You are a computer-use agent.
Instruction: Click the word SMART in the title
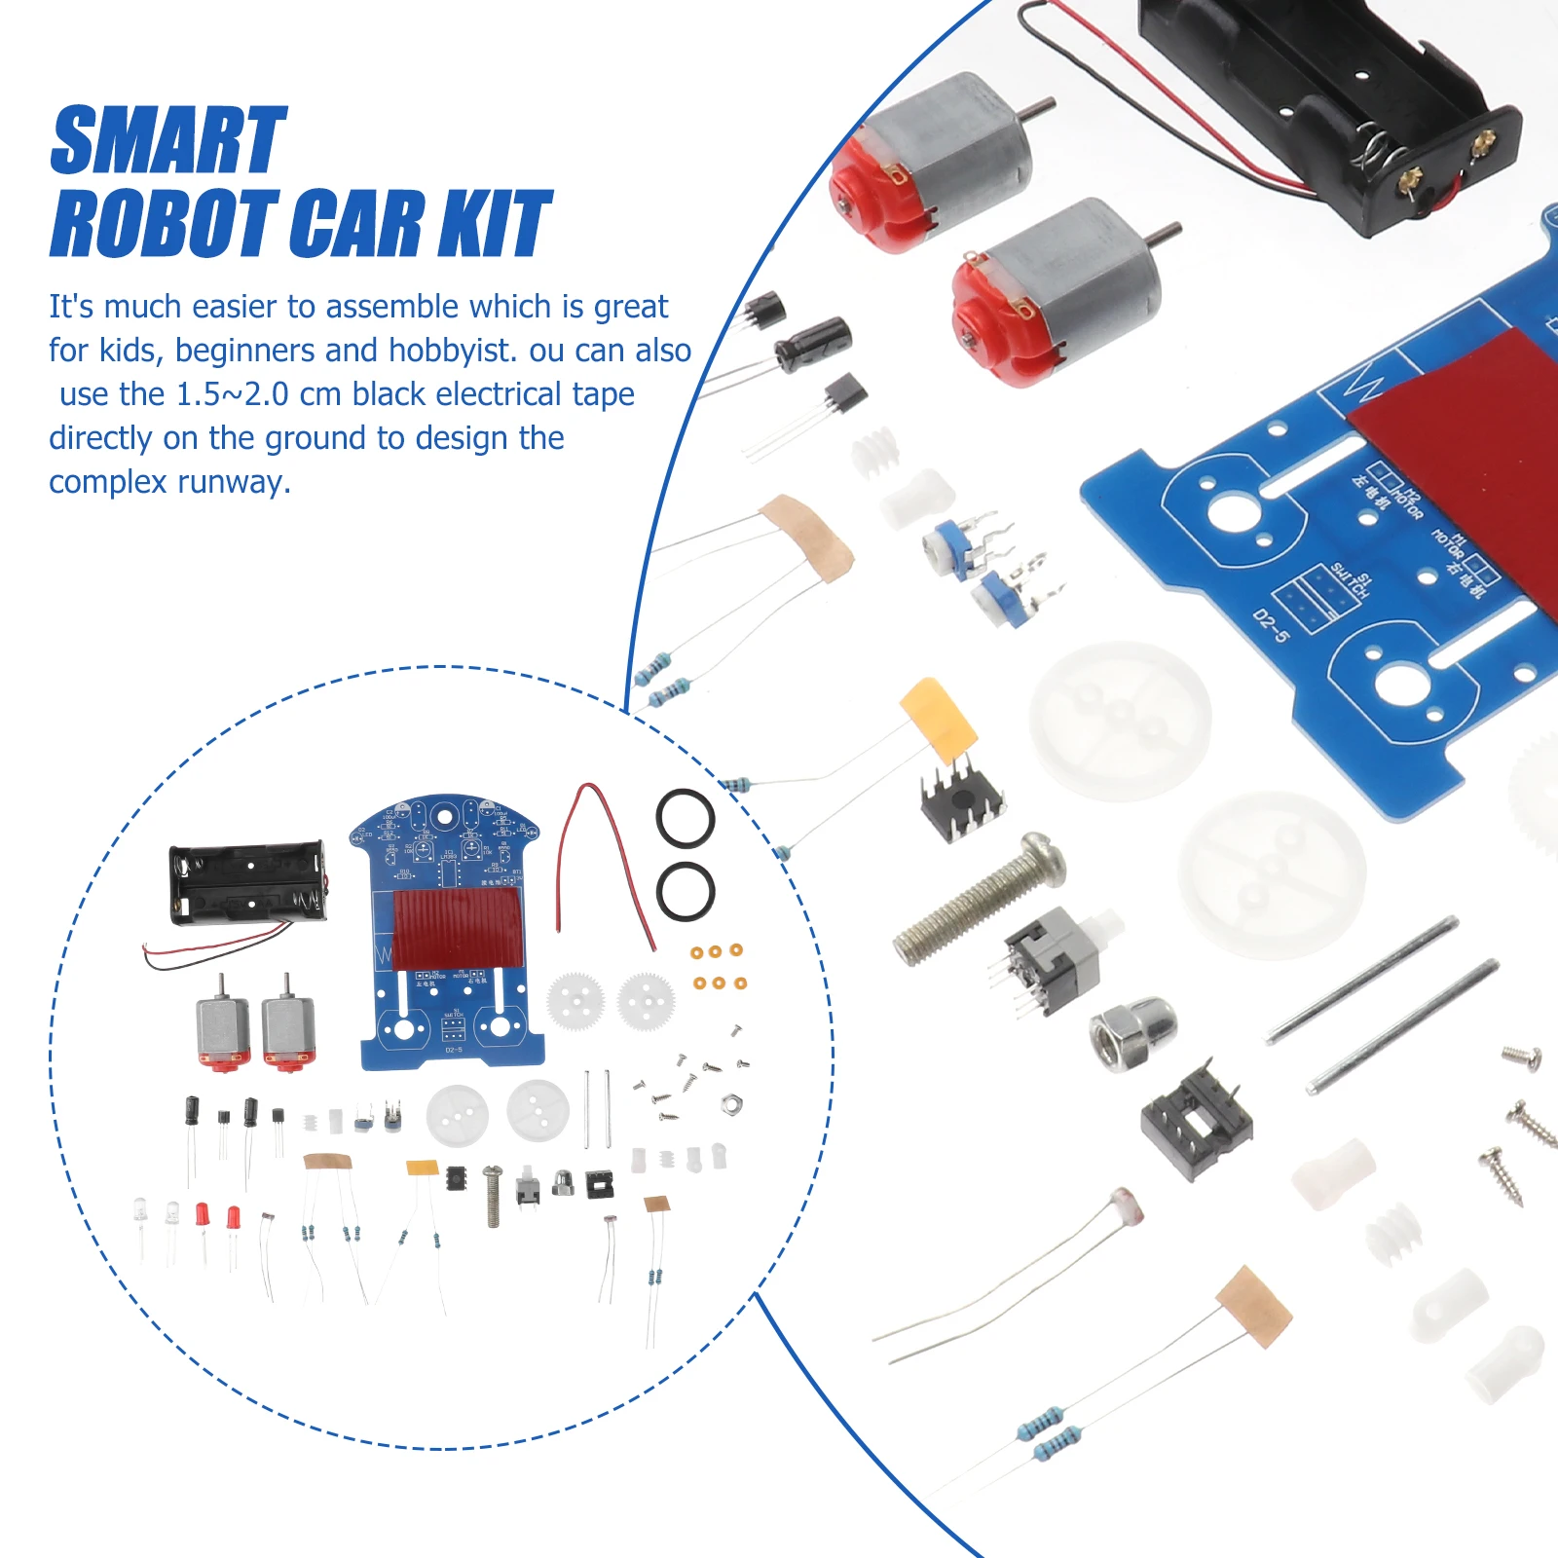click(x=167, y=142)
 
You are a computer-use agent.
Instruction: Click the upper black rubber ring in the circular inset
click(x=686, y=819)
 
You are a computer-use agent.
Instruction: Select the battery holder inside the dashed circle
click(x=247, y=882)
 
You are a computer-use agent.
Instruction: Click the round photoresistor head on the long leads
click(x=1127, y=1205)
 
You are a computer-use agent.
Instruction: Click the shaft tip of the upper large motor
click(x=1050, y=103)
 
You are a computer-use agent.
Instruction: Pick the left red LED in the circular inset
click(x=202, y=1214)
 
